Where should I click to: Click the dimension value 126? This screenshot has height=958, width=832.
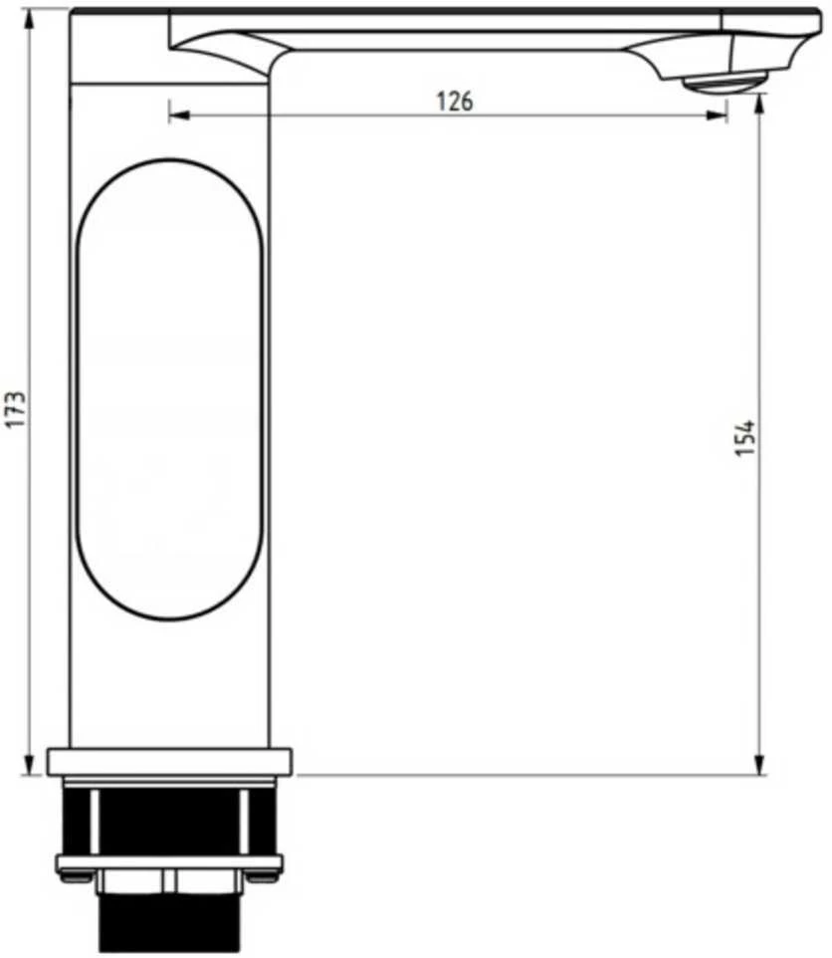(x=455, y=101)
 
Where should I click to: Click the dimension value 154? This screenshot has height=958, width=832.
(x=744, y=437)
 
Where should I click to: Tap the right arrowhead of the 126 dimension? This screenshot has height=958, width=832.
(x=716, y=115)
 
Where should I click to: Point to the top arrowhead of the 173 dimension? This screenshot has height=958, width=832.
(x=29, y=21)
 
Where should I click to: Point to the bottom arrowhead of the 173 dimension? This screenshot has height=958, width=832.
(x=29, y=765)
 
